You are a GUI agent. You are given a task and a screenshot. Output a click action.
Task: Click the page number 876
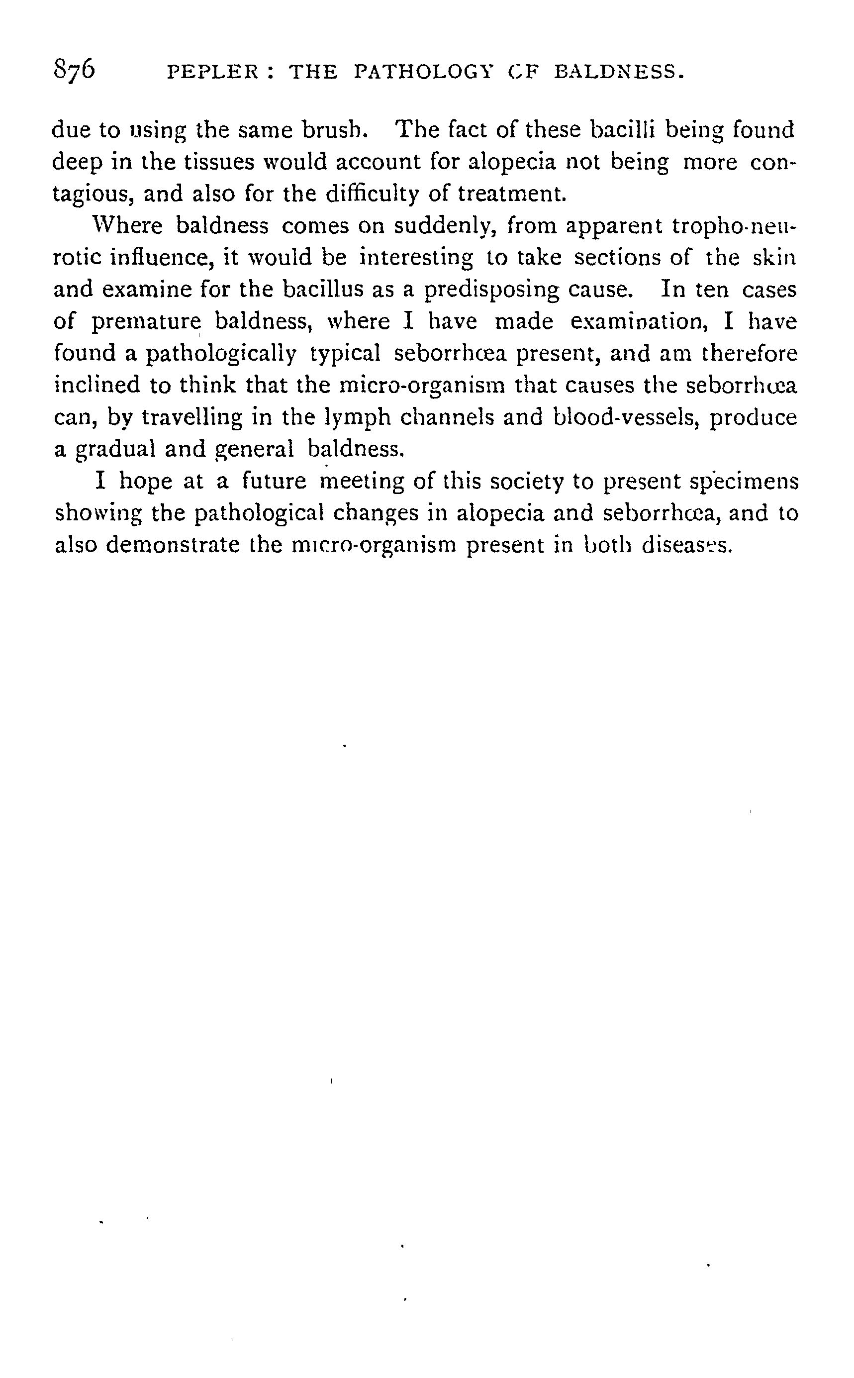coord(75,71)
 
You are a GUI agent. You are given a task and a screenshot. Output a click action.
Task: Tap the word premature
coord(146,322)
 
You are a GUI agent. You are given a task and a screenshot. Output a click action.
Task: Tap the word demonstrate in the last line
coord(172,545)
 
